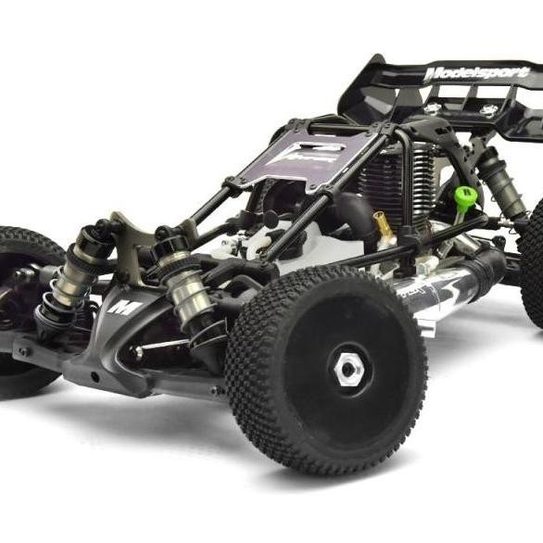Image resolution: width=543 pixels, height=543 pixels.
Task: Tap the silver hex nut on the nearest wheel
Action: click(347, 369)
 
